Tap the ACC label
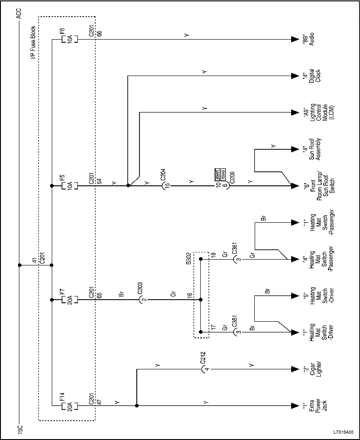point(18,14)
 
